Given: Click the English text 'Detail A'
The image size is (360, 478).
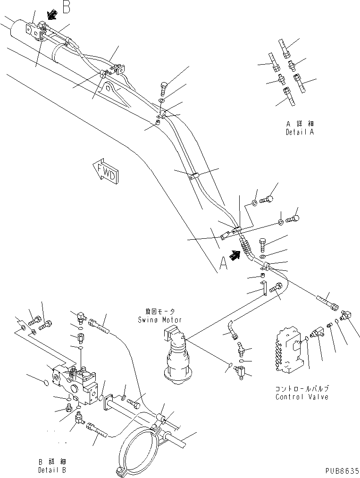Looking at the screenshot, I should [x=300, y=132].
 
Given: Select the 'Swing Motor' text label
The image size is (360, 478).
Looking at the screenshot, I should [x=156, y=319].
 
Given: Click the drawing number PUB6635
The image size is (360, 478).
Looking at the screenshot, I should [x=341, y=470].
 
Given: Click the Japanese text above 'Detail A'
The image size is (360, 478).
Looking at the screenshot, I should [x=299, y=124].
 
